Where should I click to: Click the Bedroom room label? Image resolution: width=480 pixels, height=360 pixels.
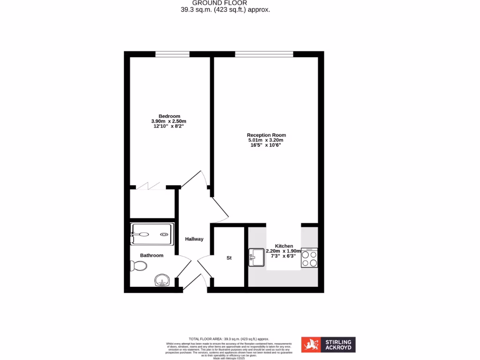pos(169,116)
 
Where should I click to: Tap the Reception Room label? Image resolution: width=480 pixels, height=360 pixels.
pos(266,135)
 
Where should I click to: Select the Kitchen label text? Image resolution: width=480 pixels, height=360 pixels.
pos(284,246)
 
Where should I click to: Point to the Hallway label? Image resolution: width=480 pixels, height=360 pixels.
pos(194,239)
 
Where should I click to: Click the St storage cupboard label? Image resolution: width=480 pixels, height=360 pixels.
pos(229,258)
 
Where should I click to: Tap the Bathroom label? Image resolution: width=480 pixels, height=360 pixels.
pos(151,255)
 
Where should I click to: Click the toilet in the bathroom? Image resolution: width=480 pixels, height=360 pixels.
pos(139,266)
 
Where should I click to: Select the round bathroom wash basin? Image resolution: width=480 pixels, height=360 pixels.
pos(162,281)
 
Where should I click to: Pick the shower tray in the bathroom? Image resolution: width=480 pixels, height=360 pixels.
pos(152,233)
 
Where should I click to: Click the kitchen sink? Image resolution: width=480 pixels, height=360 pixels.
pos(256,257)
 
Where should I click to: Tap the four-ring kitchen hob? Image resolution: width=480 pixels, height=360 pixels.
pos(309,258)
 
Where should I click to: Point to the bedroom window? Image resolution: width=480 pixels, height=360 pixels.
pos(172,54)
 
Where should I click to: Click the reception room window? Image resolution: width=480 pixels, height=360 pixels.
pos(264,54)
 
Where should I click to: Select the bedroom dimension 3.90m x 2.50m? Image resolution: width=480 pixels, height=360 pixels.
pos(169,121)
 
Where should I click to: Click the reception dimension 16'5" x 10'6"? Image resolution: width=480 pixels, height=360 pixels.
pos(266,145)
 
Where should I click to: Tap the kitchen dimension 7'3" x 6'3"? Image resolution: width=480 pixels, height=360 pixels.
pos(284,256)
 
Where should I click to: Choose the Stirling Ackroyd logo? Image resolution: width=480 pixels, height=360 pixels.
pos(328,345)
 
